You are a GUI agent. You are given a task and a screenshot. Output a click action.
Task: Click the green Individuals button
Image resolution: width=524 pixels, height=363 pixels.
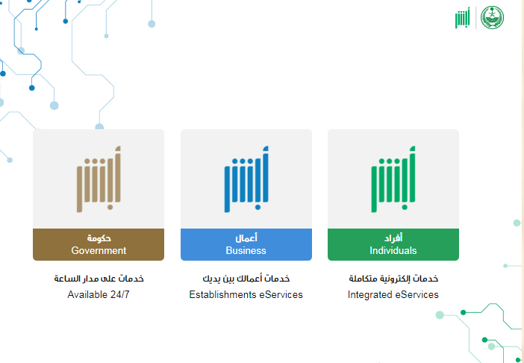pos(393,244)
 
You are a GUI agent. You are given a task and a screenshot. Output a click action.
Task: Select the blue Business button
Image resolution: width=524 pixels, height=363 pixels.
pos(246,244)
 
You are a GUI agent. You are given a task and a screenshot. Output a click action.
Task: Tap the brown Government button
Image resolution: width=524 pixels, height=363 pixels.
pos(99,244)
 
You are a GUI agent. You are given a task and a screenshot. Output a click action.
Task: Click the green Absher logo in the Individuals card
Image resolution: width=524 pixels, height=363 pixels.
pos(393,179)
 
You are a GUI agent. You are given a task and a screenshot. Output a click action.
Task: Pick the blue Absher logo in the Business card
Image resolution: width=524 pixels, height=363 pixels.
pos(246,179)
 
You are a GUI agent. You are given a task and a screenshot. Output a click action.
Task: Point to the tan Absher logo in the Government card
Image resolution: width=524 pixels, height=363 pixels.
pos(99,179)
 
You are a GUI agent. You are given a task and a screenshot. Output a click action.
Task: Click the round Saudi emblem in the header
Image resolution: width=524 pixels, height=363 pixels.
pos(492,17)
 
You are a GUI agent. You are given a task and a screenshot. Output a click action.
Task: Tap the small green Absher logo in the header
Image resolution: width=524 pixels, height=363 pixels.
pos(463,18)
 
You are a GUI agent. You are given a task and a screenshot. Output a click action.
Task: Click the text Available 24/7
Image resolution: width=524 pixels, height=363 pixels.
pos(99,295)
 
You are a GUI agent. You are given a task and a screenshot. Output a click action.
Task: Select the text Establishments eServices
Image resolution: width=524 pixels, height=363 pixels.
pos(246,295)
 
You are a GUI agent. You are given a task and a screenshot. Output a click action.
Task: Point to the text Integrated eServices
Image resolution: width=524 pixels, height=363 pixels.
pos(393,295)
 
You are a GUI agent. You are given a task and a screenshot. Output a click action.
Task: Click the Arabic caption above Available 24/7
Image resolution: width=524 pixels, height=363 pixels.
pos(99,279)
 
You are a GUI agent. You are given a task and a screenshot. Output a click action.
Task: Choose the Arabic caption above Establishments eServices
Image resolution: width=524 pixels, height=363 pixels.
pos(246,279)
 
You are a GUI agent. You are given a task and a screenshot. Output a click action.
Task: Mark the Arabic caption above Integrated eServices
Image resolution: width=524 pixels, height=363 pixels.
pos(393,279)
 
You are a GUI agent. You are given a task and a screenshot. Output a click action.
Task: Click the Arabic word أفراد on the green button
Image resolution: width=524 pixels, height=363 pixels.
pos(393,238)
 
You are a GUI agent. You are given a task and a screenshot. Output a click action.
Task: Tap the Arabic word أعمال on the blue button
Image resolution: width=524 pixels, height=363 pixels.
pos(246,238)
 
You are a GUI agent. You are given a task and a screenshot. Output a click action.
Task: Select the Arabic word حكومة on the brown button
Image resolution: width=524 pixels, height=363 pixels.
pos(99,238)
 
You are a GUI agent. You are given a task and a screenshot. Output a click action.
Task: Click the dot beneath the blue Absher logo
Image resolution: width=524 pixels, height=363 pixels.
pos(258,207)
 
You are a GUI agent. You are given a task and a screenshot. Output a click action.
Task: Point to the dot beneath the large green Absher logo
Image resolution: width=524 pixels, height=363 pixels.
pos(405,207)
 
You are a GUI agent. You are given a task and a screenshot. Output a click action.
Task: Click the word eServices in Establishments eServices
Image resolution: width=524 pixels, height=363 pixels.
pos(281,295)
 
